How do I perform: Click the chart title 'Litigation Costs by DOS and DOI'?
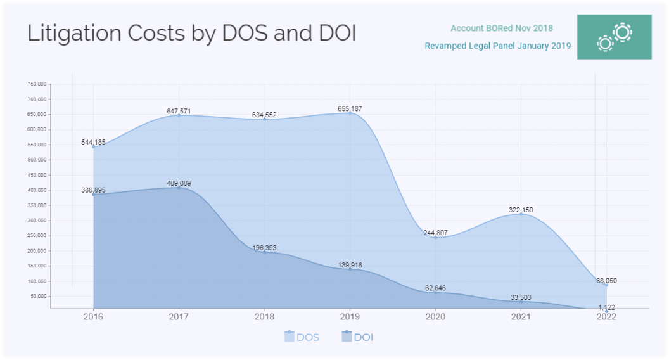[x=191, y=34]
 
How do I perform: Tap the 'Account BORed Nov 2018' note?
[x=501, y=28]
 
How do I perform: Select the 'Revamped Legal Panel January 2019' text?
[x=497, y=46]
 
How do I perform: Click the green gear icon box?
[x=614, y=37]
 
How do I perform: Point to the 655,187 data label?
[x=350, y=109]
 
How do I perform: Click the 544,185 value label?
[x=94, y=143]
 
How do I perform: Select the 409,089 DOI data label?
[x=179, y=183]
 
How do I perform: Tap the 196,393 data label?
[x=264, y=248]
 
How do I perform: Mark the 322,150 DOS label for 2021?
[x=521, y=210]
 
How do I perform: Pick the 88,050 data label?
[x=606, y=281]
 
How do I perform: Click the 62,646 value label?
[x=435, y=288]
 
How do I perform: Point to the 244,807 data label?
[x=435, y=233]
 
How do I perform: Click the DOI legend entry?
[x=357, y=337]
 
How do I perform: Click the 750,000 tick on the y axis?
[x=37, y=84]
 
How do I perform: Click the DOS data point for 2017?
[x=179, y=116]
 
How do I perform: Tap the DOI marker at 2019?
[x=350, y=269]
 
